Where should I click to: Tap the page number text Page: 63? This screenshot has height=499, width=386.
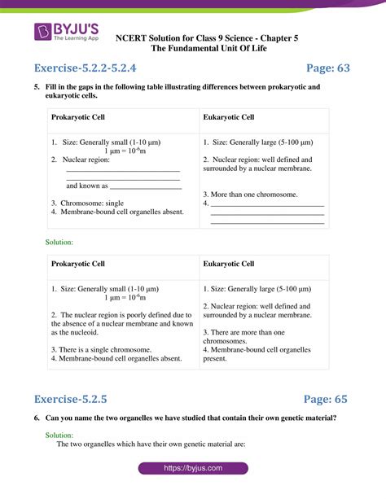pyautogui.click(x=327, y=68)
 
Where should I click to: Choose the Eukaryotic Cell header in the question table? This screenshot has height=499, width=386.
pyautogui.click(x=229, y=118)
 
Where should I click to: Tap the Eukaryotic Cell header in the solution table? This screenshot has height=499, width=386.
pyautogui.click(x=229, y=264)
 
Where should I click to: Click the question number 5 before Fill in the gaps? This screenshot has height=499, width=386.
pyautogui.click(x=37, y=87)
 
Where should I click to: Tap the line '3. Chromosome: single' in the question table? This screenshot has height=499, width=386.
pyautogui.click(x=87, y=203)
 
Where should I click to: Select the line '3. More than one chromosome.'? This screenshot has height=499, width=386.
pyautogui.click(x=250, y=195)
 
